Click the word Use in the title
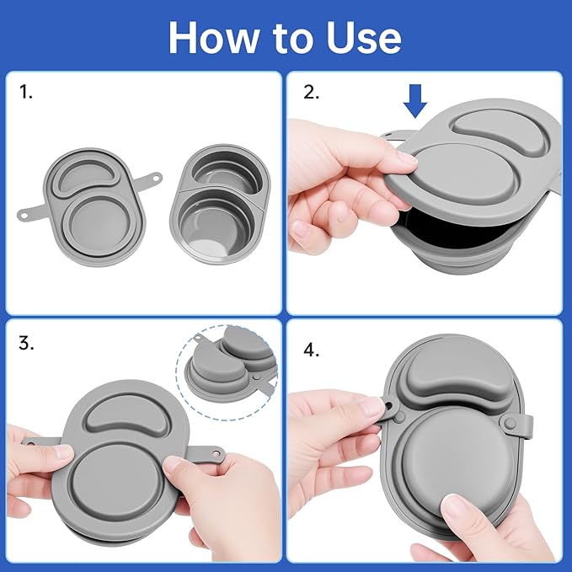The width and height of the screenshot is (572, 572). click(364, 38)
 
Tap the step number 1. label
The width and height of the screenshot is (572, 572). click(25, 92)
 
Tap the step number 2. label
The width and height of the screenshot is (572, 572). click(311, 92)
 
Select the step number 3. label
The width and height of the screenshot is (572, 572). click(26, 343)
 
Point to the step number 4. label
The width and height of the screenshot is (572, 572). click(311, 350)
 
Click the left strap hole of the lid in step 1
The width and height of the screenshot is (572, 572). click(24, 216)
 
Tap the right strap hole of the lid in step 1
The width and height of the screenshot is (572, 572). click(157, 179)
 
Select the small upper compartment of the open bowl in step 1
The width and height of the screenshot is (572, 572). click(223, 168)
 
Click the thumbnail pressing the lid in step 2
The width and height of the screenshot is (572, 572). click(408, 158)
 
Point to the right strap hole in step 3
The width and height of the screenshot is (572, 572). click(217, 453)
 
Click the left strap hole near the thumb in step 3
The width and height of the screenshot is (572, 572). click(31, 444)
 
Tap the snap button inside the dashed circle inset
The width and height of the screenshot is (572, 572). click(257, 376)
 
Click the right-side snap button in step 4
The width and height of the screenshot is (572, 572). click(510, 423)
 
